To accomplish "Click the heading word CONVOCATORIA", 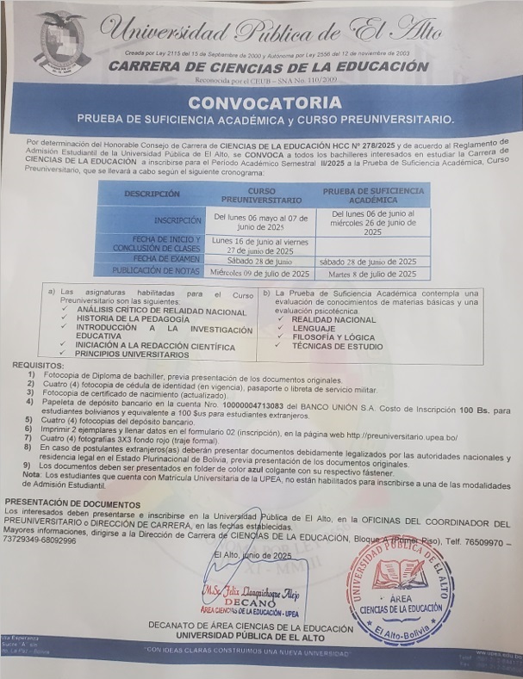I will pyautogui.click(x=265, y=102).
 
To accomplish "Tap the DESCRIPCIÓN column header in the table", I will pyautogui.click(x=152, y=194).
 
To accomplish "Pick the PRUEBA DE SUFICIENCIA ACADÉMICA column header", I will pyautogui.click(x=373, y=194).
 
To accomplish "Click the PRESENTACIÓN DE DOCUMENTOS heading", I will pyautogui.click(x=72, y=503).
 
